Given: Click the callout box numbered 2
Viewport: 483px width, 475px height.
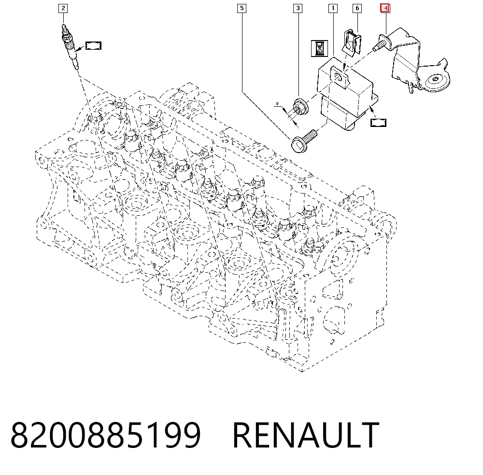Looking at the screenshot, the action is [63, 8].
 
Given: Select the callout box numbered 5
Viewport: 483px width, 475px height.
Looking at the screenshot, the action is [242, 8].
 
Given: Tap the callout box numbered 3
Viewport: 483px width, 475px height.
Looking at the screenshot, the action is [298, 8].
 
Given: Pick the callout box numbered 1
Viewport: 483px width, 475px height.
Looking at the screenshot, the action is [333, 8].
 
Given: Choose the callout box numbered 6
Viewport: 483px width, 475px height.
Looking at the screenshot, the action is [357, 8].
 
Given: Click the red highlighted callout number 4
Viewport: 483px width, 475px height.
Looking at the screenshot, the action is [385, 8].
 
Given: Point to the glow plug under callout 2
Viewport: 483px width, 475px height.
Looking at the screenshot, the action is [70, 46].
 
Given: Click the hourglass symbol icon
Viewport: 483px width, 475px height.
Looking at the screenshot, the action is [319, 48].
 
